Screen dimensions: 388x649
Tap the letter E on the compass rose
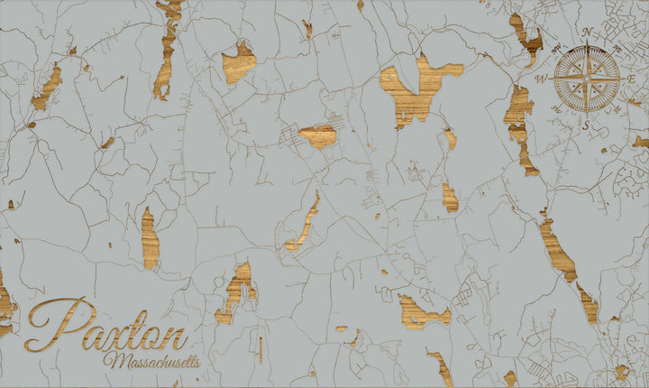632,79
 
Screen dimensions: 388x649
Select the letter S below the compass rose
586,125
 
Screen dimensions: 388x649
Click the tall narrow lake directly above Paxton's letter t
150,238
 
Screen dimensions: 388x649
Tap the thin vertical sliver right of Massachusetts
260,347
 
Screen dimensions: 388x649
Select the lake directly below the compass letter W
519,126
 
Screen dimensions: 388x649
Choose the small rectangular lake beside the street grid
318,136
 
